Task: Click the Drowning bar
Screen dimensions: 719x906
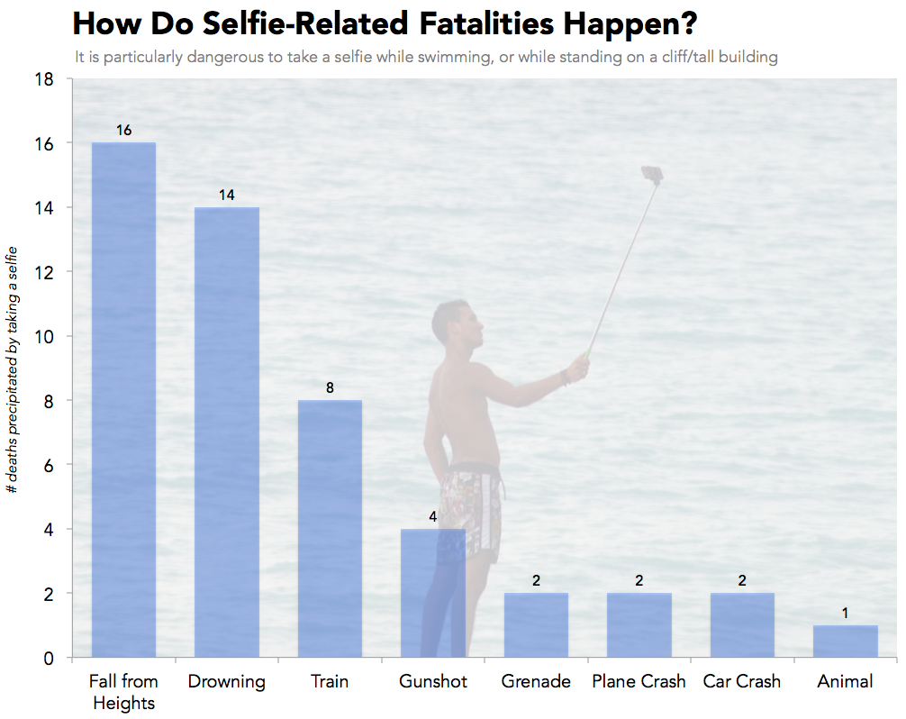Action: pyautogui.click(x=227, y=432)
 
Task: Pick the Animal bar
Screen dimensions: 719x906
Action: pyautogui.click(x=845, y=642)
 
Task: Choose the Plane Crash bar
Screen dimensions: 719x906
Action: pyautogui.click(x=639, y=625)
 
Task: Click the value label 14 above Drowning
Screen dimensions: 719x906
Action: pyautogui.click(x=227, y=195)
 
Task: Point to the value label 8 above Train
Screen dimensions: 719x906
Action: pyautogui.click(x=330, y=388)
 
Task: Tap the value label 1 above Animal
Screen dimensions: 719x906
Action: pyautogui.click(x=845, y=613)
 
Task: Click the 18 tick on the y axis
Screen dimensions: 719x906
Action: pyautogui.click(x=49, y=79)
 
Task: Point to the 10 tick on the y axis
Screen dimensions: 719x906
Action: pyautogui.click(x=49, y=336)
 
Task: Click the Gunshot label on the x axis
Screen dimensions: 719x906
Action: pyautogui.click(x=433, y=682)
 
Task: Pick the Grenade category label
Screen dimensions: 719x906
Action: pyautogui.click(x=536, y=682)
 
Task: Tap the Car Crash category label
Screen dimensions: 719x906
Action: pyautogui.click(x=741, y=682)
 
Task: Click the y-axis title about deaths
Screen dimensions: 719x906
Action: pyautogui.click(x=13, y=369)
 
